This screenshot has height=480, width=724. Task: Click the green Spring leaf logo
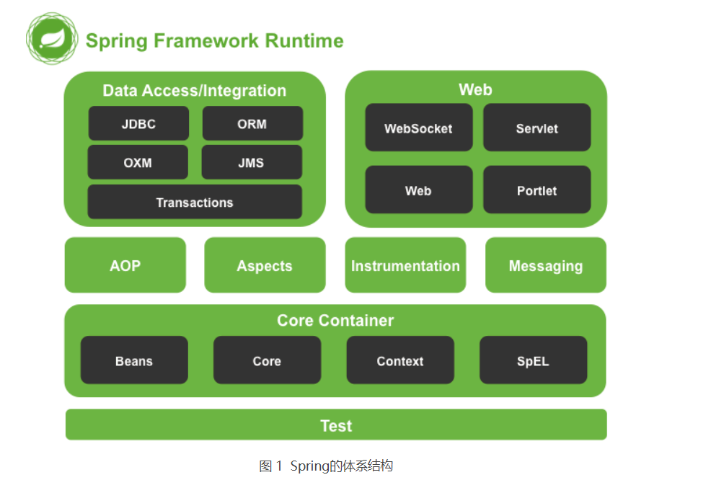52,39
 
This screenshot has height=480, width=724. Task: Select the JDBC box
138,124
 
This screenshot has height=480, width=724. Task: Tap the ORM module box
252,124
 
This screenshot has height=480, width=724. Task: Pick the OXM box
138,162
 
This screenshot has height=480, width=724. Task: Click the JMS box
252,162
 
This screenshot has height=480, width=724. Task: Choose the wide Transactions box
195,202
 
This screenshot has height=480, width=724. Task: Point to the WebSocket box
419,128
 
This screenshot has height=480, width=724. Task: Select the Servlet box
537,128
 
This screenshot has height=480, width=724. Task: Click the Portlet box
537,190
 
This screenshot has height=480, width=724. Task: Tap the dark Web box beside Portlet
419,190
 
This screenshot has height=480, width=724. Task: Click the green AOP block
125,265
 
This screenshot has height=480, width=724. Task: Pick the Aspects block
265,265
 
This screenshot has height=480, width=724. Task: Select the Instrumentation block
405,265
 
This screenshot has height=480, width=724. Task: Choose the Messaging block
546,265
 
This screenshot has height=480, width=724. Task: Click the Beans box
134,360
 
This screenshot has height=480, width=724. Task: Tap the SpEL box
534,360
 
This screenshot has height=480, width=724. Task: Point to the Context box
400,360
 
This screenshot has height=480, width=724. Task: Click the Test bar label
336,425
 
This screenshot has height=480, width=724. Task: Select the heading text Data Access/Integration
195,91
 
